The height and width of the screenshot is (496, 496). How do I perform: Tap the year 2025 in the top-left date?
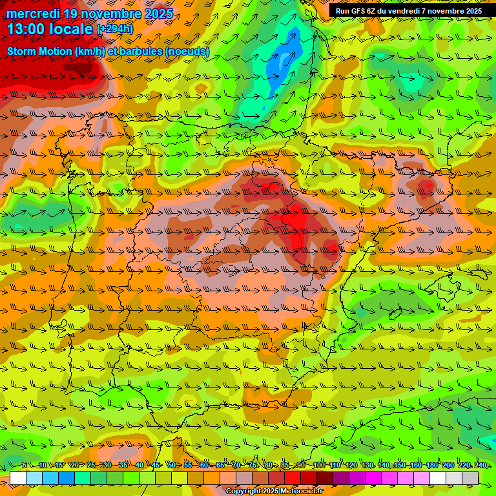coord(157,14)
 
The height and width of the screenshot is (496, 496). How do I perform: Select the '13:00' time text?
coord(25,29)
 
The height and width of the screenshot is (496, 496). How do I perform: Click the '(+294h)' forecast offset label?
coord(115,29)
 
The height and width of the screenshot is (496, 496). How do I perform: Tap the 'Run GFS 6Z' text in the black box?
coord(356,11)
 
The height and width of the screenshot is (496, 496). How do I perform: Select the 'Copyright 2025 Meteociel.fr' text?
coord(274,491)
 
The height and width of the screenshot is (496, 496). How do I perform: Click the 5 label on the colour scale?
coord(25,465)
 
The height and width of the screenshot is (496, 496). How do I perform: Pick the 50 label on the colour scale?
coord(170,465)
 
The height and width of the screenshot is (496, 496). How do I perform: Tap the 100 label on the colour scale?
coord(318,465)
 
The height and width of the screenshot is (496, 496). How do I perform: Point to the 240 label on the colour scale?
coord(480,465)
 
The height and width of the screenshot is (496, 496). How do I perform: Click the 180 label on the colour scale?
coord(431,465)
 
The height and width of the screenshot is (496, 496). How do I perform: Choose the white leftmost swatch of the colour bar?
coord(18,478)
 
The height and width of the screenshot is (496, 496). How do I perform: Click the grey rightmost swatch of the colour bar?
coord(470,478)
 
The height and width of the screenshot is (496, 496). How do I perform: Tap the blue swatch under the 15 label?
coord(67,478)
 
